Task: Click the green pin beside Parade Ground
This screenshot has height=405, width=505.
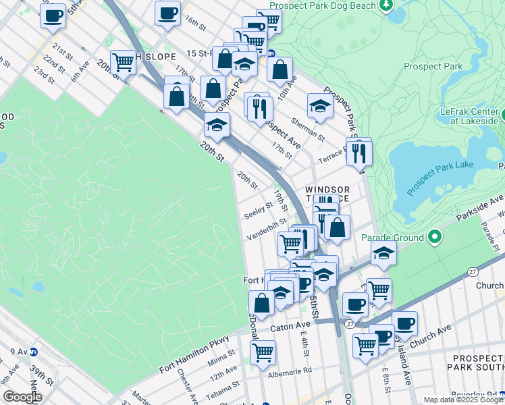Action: [x=435, y=238]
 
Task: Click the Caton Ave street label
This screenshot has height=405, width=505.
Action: [x=290, y=326]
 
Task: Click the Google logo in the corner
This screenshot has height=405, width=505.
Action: [x=22, y=397]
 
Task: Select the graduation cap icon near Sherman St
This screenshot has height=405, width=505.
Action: [x=320, y=105]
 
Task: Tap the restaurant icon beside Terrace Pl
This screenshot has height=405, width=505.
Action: [x=358, y=152]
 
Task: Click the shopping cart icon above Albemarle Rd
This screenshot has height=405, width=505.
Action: [x=263, y=352]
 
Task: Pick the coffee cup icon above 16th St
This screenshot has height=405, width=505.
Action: [x=167, y=13]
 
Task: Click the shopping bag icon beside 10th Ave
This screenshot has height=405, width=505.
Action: [x=280, y=69]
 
